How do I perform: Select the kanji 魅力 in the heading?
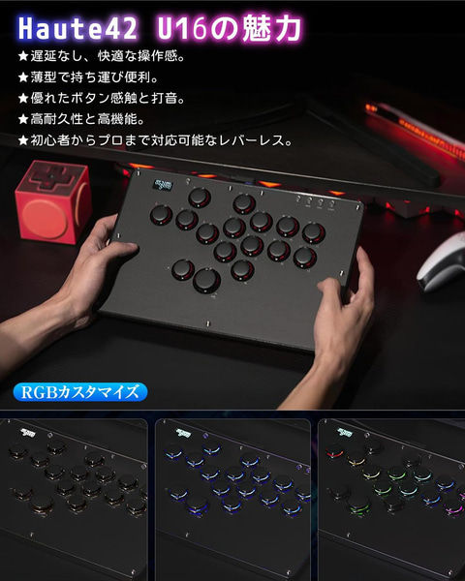[x=274, y=23]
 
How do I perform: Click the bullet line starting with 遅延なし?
[x=108, y=55]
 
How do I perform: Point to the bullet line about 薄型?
[x=93, y=76]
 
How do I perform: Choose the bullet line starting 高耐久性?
[x=86, y=119]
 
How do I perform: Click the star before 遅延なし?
[x=23, y=55]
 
